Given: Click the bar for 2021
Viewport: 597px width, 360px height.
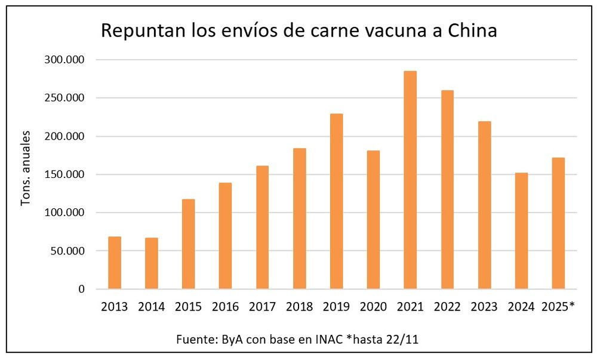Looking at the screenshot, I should tap(410, 180).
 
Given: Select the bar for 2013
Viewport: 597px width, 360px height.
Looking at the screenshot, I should tap(115, 263).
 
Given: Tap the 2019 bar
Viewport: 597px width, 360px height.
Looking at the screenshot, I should tap(336, 201).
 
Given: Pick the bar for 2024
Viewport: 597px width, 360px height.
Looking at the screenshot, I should tap(521, 231).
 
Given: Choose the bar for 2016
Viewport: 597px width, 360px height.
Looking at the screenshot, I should tap(225, 236).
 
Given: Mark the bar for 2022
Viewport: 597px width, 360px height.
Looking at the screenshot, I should tap(447, 189).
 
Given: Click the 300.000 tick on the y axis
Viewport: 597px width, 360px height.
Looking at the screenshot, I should tap(64, 60).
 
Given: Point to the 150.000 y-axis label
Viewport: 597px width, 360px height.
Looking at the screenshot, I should tap(64, 174).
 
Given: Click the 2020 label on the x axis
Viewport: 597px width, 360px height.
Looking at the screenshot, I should tap(373, 307).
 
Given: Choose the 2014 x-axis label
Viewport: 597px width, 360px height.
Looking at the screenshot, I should tap(152, 307).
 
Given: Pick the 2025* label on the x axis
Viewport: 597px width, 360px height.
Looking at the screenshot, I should tap(558, 307).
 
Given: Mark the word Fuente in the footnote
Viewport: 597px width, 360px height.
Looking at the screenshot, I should tap(196, 339).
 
